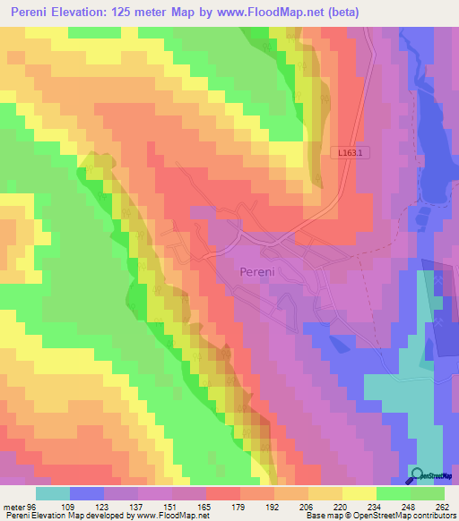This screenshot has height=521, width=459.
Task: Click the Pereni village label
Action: click(x=258, y=270)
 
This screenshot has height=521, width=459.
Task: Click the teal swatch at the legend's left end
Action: click(x=53, y=493)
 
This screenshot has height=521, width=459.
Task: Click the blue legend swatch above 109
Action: click(x=87, y=493)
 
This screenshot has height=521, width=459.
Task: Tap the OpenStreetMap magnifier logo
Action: click(x=419, y=475)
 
